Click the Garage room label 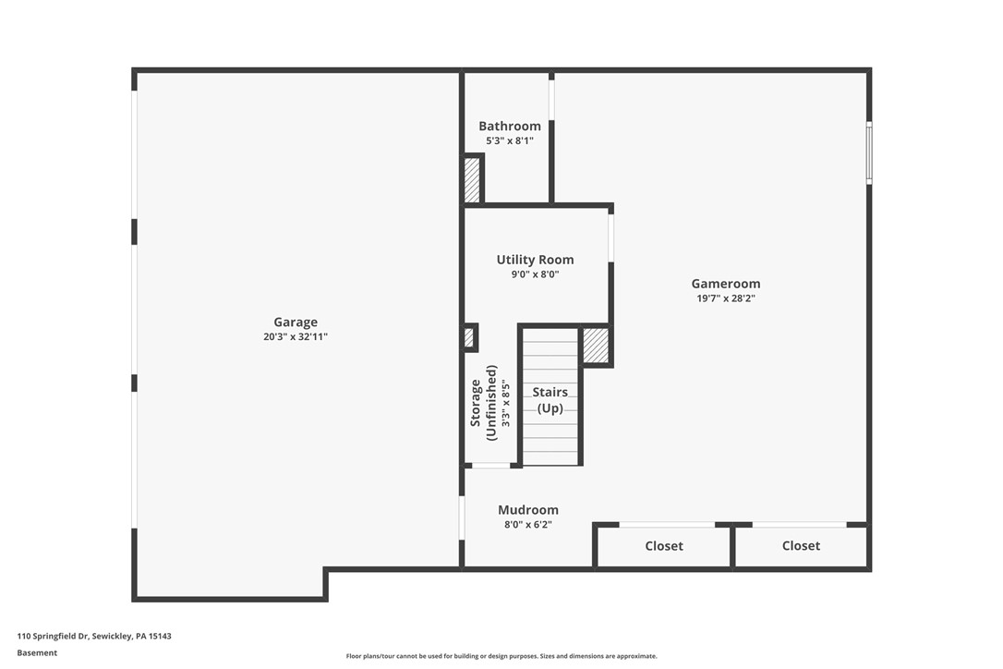tap(296, 322)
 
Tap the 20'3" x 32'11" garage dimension tap(296, 337)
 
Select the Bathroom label tap(510, 127)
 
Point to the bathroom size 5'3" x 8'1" tap(510, 141)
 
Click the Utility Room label tap(535, 260)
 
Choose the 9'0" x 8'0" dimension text tap(535, 274)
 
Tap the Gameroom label tap(726, 284)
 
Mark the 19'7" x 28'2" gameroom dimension tap(726, 298)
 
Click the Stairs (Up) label tap(550, 400)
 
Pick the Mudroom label tap(528, 510)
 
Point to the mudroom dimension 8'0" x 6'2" tap(528, 525)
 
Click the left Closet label tap(664, 546)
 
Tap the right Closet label tap(801, 546)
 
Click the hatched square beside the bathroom tap(472, 179)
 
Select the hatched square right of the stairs tap(596, 346)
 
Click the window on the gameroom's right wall tap(869, 152)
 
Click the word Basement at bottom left tap(37, 652)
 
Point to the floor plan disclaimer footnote tap(501, 656)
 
